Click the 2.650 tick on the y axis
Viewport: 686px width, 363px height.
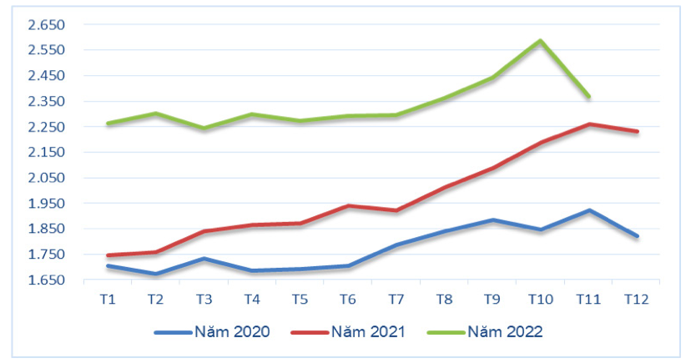pos(46,25)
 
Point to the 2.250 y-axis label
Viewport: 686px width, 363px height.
pos(46,127)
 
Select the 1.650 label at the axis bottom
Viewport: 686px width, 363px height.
pos(46,280)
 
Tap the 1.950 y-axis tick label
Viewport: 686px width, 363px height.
pos(46,203)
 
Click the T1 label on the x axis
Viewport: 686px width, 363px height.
pos(108,298)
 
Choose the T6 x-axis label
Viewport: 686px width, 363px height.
pos(348,298)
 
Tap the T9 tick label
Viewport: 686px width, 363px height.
pos(492,298)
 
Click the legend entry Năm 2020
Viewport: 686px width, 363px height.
pos(212,332)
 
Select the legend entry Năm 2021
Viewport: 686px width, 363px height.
pos(348,332)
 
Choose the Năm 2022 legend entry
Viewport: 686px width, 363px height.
pos(485,332)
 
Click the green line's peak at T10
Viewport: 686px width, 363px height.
pos(541,40)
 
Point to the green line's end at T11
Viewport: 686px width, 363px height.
pos(589,97)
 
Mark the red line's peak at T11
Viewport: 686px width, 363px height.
pos(589,124)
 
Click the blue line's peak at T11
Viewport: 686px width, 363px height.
pos(589,210)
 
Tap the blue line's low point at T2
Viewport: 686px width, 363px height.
pos(156,274)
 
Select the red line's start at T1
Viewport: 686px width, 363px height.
pos(108,255)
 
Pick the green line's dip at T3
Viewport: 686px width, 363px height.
pos(204,129)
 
